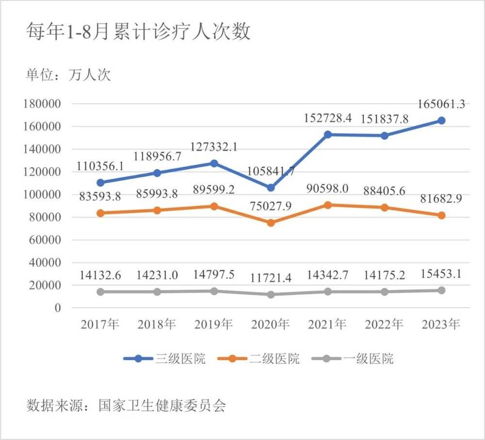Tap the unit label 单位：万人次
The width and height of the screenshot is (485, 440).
pyautogui.click(x=68, y=75)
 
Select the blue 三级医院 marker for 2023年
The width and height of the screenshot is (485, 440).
pyautogui.click(x=442, y=121)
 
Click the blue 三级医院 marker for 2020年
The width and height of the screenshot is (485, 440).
pyautogui.click(x=271, y=188)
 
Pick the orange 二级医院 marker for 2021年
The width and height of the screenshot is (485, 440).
pyautogui.click(x=328, y=205)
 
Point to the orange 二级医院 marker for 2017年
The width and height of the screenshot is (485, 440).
pyautogui.click(x=100, y=213)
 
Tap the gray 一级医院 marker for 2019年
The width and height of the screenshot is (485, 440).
pyautogui.click(x=214, y=291)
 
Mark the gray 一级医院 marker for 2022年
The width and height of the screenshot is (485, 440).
pyautogui.click(x=385, y=292)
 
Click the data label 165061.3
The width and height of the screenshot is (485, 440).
pyautogui.click(x=442, y=104)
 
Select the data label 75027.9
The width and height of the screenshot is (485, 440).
pyautogui.click(x=271, y=205)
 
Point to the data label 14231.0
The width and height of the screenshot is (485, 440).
pyautogui.click(x=157, y=275)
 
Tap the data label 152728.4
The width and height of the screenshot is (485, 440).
pyautogui.click(x=328, y=117)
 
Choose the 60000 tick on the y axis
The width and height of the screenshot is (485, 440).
pyautogui.click(x=47, y=240)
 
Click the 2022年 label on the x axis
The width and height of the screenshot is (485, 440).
pyautogui.click(x=385, y=324)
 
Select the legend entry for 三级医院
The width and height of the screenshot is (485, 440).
pyautogui.click(x=164, y=359)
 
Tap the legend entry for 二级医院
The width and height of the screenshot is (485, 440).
pyautogui.click(x=259, y=359)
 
